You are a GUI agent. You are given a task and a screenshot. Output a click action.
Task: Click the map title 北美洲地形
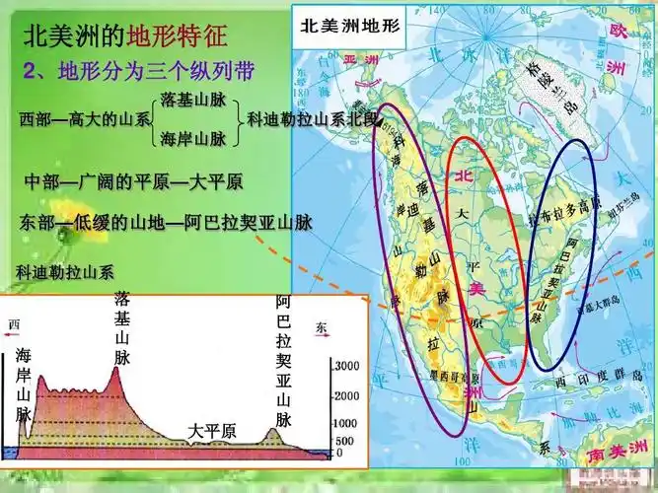coord(350,28)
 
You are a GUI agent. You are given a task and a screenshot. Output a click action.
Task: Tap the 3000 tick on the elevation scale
coord(348,365)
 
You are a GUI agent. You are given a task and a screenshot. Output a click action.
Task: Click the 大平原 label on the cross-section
coord(212,431)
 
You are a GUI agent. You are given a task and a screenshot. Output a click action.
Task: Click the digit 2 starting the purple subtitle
coord(29,72)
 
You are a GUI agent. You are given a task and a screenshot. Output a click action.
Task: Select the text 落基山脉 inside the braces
coord(200,101)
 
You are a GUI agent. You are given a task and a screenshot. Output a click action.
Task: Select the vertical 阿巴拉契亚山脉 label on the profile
coord(284,360)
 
